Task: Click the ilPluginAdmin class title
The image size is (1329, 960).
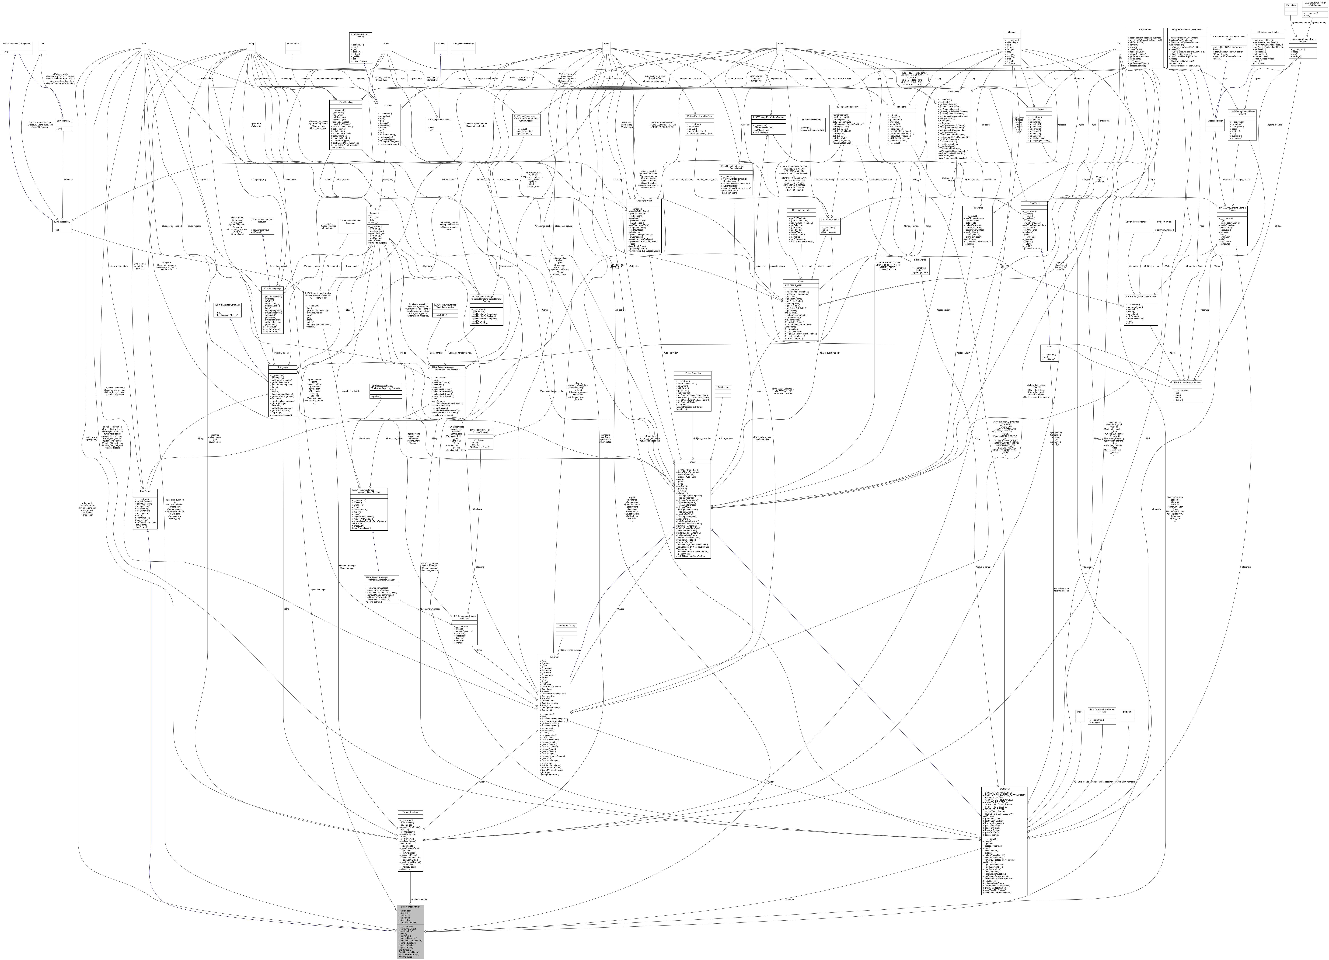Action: tap(920, 260)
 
